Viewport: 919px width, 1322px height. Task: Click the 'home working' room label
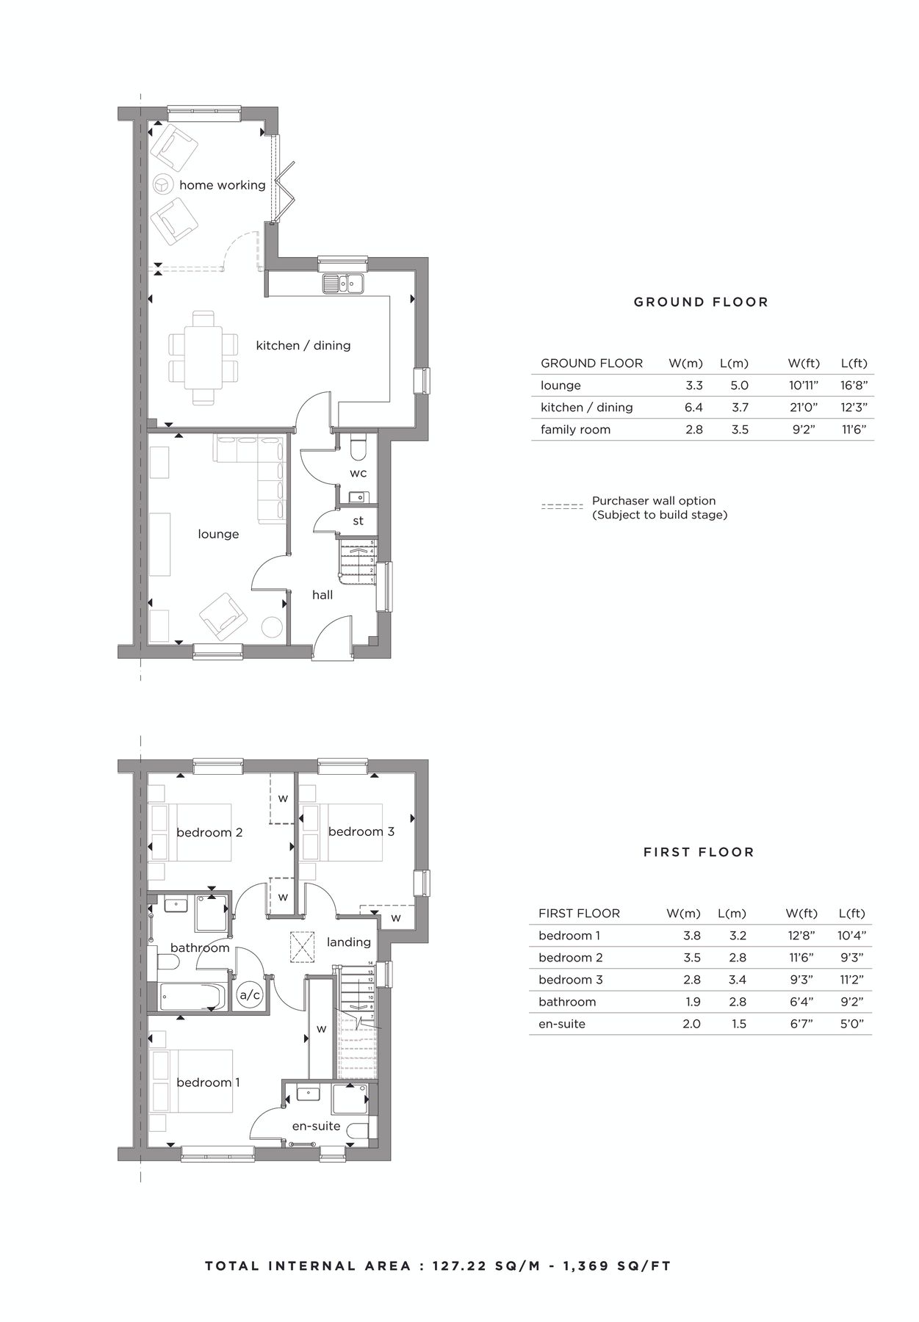click(x=222, y=185)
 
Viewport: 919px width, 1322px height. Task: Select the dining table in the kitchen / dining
click(x=203, y=357)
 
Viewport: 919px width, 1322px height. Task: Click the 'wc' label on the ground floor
click(x=358, y=472)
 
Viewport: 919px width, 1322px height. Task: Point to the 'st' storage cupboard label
click(x=358, y=521)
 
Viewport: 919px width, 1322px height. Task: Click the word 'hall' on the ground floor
click(x=322, y=595)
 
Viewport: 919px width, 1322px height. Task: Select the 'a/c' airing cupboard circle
click(x=250, y=995)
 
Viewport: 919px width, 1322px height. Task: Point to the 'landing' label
click(x=349, y=942)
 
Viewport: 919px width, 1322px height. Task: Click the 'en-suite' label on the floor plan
click(x=317, y=1125)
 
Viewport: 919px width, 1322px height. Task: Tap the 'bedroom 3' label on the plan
click(x=361, y=831)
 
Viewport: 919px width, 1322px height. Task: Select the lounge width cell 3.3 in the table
click(x=694, y=386)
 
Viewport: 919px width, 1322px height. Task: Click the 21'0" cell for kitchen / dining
click(x=803, y=408)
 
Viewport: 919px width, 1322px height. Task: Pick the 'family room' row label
click(x=575, y=430)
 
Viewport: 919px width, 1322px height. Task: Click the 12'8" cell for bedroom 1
click(x=801, y=936)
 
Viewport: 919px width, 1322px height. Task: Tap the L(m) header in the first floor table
click(x=732, y=914)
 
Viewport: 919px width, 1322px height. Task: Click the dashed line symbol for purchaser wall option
click(x=562, y=507)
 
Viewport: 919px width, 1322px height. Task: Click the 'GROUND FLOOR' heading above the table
click(x=701, y=302)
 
